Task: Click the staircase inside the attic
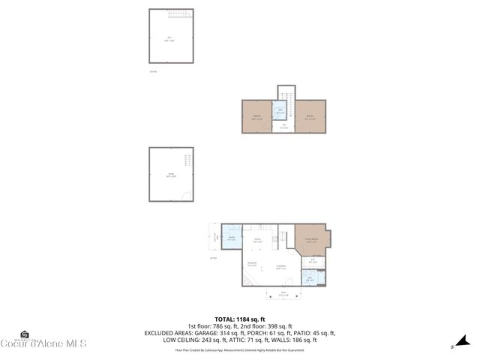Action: coord(187,16)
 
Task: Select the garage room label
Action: coord(171,175)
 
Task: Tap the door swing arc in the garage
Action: coord(187,196)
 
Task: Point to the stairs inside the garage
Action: coord(187,160)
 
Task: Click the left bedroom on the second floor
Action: coord(257,117)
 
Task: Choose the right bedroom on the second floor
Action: coord(310,117)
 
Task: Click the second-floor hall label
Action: coord(283,127)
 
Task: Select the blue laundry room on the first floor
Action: coord(232,238)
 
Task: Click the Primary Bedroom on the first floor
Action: coord(311,241)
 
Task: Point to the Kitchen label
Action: coord(257,241)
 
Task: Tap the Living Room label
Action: coord(281,267)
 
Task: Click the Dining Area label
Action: coord(253,264)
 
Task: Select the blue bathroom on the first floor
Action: coord(310,279)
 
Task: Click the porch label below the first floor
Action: coord(283,293)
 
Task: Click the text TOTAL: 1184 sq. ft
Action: coord(240,319)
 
